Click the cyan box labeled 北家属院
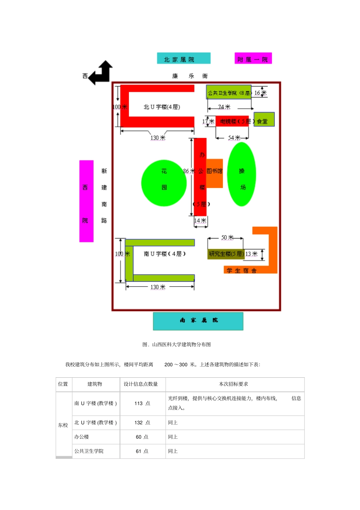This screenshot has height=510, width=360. pos(183,58)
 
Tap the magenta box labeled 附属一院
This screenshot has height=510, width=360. pos(253,59)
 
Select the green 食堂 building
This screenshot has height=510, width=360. pos(264,119)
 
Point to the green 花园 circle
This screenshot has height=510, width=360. pos(164,183)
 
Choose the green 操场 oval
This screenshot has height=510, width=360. pos(241,174)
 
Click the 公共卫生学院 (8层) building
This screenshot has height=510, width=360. pos(229,93)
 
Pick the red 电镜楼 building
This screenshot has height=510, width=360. pos(232,121)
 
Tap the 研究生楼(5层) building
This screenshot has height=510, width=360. pos(226,254)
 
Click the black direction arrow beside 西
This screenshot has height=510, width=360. pos(101,73)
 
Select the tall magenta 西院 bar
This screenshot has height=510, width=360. pos(86,201)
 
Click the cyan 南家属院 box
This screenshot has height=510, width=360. pos(198,321)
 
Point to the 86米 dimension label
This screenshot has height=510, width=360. pos(188,171)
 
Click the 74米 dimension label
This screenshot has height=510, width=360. pos(224,107)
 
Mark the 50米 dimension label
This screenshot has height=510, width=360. pos(227,238)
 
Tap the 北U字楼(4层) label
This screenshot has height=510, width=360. pos(162,107)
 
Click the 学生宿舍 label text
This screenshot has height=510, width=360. pos(241,270)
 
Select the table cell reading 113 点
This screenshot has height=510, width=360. pos(142,403)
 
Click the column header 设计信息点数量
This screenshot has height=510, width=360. pos(141,384)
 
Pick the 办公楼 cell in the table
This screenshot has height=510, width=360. pos(81,437)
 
